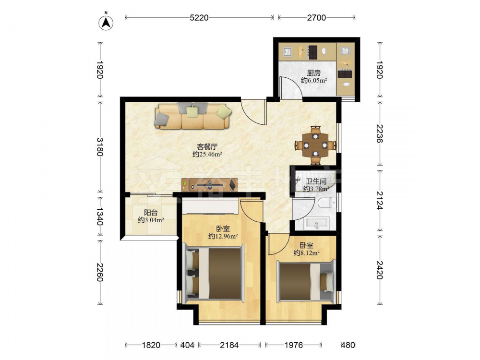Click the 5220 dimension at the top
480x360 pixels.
pos(199,18)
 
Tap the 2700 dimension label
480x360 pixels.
pos(316,18)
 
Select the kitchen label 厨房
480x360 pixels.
pos(314,73)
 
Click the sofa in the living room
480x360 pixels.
pos(193,116)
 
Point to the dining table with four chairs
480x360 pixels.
pos(316,145)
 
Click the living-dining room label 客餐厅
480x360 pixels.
pos(207,146)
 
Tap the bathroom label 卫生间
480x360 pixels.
pos(316,181)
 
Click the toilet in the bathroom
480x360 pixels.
pos(325,203)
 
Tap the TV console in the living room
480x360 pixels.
pos(209,185)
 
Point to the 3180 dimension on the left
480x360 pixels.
pos(100,147)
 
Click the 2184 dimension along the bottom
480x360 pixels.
pos(229,345)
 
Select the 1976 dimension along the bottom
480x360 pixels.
pos(294,345)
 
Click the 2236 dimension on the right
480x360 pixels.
pos(380,133)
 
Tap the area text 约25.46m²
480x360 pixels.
pos(207,154)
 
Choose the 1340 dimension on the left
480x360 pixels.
pos(100,216)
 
